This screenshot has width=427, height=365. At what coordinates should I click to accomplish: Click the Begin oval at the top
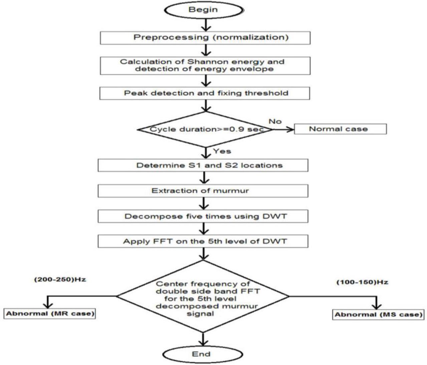tap(203, 10)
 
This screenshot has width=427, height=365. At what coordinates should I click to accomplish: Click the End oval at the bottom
tap(201, 354)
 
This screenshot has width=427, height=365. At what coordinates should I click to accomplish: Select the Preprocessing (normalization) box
tap(205, 37)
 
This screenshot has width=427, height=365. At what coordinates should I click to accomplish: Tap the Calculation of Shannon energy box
tap(205, 65)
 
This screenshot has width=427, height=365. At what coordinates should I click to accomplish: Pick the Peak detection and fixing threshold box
tap(204, 93)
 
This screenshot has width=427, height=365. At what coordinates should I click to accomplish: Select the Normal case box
tap(340, 129)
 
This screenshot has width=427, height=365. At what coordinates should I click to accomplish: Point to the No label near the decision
tap(275, 121)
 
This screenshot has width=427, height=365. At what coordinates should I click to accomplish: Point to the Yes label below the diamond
tap(222, 151)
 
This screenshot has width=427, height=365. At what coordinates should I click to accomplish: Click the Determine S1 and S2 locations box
tap(203, 165)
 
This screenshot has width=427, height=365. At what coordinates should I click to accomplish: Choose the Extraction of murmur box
tap(203, 191)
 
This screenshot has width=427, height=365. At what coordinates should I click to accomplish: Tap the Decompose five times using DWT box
tap(203, 216)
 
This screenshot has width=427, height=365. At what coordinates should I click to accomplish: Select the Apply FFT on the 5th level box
tap(203, 241)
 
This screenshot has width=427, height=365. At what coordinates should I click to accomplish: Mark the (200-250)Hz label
tap(60, 279)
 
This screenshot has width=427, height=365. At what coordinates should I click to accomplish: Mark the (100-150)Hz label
tap(362, 282)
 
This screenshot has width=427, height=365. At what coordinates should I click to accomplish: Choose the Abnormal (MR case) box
tap(50, 314)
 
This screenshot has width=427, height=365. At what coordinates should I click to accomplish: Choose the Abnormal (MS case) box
tap(378, 315)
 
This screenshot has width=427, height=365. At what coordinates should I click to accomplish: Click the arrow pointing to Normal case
tap(284, 129)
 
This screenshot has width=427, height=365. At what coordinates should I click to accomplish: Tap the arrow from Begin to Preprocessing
tap(206, 24)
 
